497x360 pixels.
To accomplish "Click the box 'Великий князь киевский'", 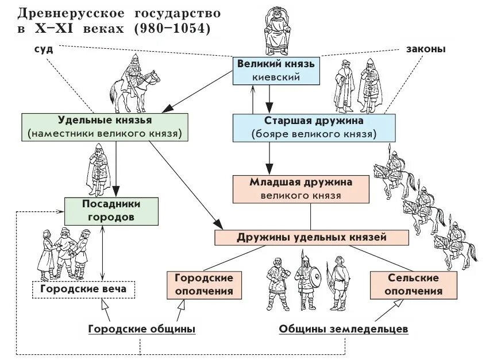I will (x=276, y=70).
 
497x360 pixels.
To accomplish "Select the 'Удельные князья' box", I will (x=104, y=127).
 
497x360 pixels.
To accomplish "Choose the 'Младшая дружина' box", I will (x=300, y=188).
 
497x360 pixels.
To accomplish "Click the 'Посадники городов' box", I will (x=111, y=211).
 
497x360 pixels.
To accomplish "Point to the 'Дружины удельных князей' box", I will (x=311, y=237).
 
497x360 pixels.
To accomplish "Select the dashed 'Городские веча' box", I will (x=83, y=289).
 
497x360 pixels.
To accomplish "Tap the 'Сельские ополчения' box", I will (x=413, y=284).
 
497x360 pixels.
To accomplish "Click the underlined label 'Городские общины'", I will (x=142, y=329).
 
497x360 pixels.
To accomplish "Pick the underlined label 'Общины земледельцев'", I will (x=344, y=329).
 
